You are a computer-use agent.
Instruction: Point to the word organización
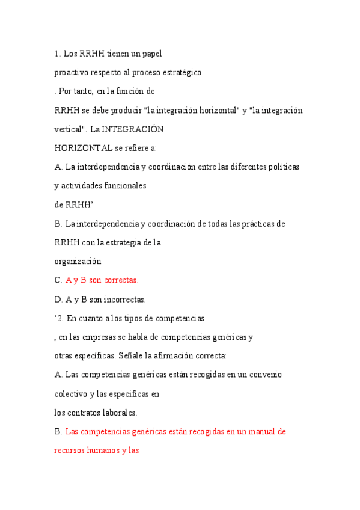78,262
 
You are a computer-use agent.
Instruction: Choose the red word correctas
120,280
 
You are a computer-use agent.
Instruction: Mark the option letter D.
58,300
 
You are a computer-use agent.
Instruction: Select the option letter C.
58,280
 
